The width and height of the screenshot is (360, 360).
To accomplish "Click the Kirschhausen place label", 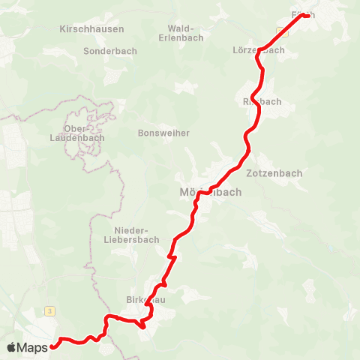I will pos(91,28).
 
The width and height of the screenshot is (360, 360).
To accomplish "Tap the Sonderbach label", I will pos(107,52).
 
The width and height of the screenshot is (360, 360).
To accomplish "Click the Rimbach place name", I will pos(262,101).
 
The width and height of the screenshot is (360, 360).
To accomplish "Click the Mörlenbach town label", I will pos(211,192).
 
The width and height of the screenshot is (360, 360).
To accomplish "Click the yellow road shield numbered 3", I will pos(49,310).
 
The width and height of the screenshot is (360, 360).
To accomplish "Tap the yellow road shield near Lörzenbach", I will pos(281,31).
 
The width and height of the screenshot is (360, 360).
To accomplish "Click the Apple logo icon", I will pos(12,347).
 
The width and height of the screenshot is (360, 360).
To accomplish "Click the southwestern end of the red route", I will pos(53,346).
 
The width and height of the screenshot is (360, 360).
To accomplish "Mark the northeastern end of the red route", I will pos(308,16).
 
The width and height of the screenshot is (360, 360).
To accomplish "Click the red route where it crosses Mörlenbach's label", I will pos(203,193).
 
